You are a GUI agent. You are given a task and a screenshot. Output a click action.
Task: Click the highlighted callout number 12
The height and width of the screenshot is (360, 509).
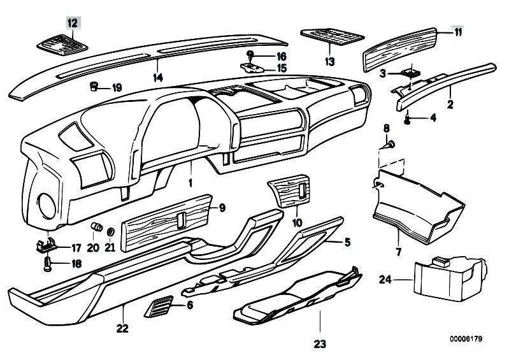click(x=73, y=23)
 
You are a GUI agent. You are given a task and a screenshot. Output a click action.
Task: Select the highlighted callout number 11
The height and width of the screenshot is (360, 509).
click(x=457, y=32)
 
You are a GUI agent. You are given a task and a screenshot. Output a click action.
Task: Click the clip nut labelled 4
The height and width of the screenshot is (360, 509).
click(x=408, y=118)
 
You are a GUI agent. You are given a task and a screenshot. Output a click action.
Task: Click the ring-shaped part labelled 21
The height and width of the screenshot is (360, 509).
click(x=110, y=230)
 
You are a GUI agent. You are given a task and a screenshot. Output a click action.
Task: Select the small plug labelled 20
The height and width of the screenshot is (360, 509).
click(x=97, y=227)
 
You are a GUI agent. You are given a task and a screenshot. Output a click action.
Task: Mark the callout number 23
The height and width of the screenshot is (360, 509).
click(x=320, y=345)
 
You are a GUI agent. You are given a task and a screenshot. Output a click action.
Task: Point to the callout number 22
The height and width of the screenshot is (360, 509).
click(x=122, y=329)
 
